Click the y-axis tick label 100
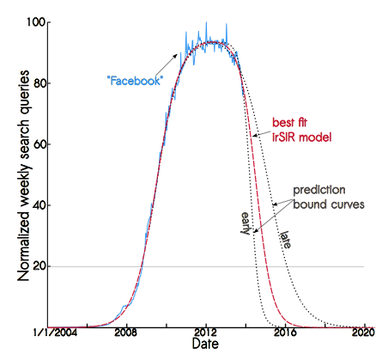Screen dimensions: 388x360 36,22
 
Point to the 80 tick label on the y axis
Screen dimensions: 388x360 39,83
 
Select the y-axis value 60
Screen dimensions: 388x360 39,144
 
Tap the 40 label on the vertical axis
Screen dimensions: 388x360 39,205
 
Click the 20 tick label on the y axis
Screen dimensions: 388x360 39,266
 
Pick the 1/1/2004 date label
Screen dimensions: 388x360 55,333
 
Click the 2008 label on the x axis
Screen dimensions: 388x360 126,333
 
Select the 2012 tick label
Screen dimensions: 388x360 205,333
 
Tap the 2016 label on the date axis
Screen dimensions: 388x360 285,333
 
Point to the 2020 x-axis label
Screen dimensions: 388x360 363,333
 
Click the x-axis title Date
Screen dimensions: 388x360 205,344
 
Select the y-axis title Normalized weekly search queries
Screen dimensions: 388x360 24,175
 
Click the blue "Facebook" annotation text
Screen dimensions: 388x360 134,81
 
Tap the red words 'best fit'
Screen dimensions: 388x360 289,123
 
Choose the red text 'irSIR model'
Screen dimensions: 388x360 301,137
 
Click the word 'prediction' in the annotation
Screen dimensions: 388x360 319,191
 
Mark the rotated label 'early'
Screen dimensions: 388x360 246,223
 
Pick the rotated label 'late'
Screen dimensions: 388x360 286,240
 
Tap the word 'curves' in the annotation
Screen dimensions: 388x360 348,204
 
